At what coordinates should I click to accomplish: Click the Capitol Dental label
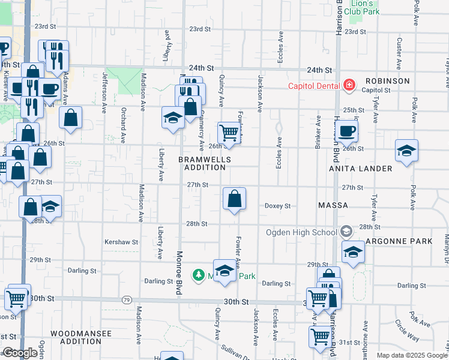point(314,85)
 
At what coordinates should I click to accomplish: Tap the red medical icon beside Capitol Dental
point(349,85)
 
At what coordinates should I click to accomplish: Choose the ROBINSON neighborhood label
point(387,80)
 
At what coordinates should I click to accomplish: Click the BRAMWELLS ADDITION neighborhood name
point(202,163)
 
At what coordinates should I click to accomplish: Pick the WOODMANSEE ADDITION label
point(76,337)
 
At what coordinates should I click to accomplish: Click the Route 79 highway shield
point(126,299)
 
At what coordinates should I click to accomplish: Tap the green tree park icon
point(198,275)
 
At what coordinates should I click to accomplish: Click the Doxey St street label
point(277,206)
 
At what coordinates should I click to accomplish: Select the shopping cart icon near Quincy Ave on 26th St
point(229,132)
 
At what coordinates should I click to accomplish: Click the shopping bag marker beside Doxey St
point(234,198)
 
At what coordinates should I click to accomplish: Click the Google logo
point(20,353)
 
